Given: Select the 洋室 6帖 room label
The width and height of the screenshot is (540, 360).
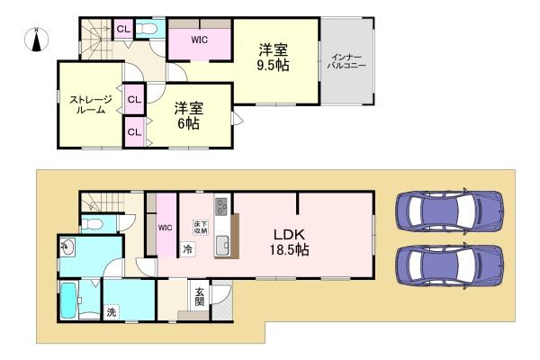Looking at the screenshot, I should click(x=189, y=115).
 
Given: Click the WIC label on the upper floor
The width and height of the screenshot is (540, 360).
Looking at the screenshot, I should click(x=200, y=40).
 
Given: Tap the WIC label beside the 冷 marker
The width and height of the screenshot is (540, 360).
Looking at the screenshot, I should click(x=166, y=228).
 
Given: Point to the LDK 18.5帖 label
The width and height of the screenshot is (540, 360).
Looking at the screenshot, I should click(x=292, y=240).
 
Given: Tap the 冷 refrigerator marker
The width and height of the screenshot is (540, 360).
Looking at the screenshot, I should click(x=188, y=249).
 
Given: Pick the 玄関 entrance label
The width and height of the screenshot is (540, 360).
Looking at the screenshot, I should click(x=199, y=296).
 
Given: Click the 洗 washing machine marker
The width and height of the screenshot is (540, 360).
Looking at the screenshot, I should click(x=112, y=312).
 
